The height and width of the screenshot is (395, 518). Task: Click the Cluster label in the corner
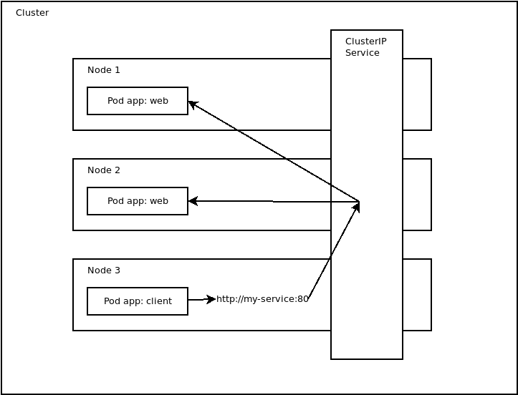pos(32,13)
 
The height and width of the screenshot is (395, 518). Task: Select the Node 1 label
pos(103,70)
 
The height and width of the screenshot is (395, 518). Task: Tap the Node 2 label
pos(103,170)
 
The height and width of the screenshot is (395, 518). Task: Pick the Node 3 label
pos(103,270)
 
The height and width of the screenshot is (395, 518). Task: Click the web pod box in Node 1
pos(138,101)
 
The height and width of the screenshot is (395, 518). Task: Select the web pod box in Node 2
pos(138,201)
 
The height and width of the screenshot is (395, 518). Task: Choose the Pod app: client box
pos(138,301)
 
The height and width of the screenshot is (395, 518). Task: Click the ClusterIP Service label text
pos(365,47)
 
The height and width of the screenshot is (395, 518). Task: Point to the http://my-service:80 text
pos(262,299)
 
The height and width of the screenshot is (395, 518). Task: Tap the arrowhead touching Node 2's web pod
pos(192,201)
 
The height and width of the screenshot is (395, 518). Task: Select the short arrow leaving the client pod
pos(201,299)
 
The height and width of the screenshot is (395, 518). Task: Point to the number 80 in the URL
pos(303,299)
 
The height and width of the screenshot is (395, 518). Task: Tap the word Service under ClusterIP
pos(363,53)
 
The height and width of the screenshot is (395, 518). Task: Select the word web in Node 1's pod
pos(159,101)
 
